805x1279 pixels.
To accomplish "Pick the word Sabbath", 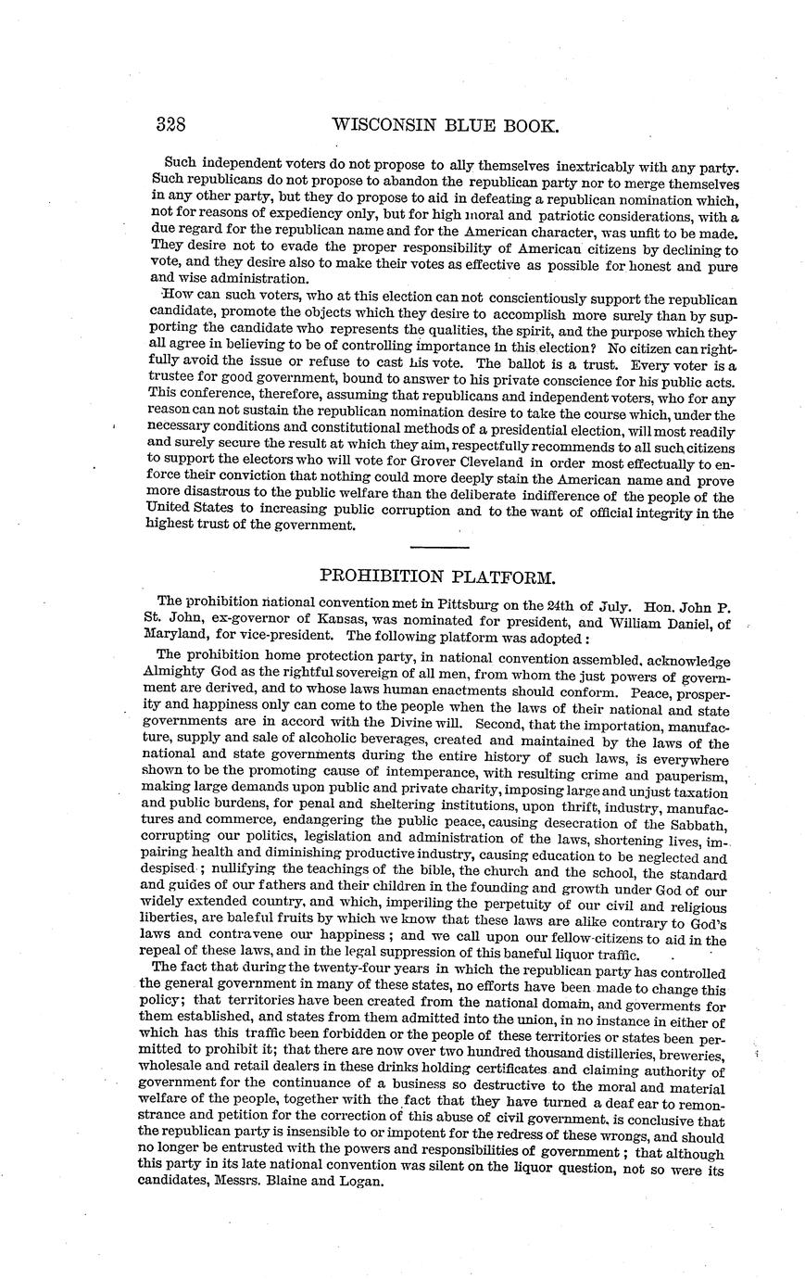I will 694,824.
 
